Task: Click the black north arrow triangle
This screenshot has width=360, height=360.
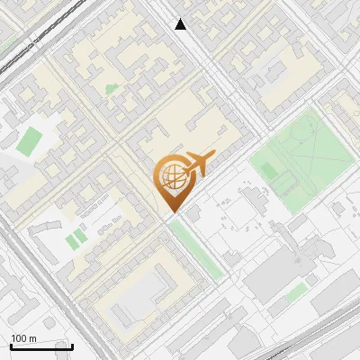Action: (181, 24)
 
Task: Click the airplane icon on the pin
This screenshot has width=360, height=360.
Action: (198, 164)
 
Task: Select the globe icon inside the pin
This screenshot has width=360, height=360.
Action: (171, 176)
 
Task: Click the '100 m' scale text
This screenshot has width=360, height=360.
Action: (23, 338)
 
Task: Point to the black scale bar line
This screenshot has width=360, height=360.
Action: (41, 346)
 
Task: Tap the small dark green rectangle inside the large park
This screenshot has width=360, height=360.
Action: (283, 184)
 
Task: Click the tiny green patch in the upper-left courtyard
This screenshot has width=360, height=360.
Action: (112, 89)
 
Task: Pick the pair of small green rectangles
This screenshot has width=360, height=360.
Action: (76, 238)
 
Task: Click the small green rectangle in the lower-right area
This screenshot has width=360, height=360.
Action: (297, 292)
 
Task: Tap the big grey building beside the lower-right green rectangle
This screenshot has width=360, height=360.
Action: (270, 270)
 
